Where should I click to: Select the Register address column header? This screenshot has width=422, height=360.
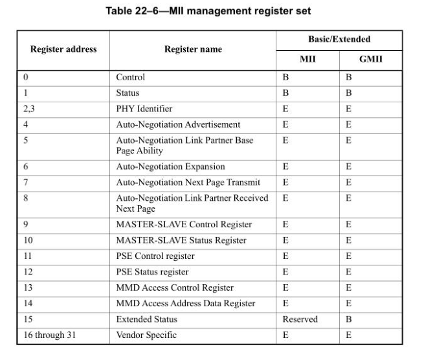coord(63,49)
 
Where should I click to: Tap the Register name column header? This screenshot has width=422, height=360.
coord(193,49)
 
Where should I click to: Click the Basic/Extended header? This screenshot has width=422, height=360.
coord(339,39)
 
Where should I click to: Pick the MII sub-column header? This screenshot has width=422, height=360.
coord(307,60)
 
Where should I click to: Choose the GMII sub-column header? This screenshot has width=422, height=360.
coord(370,60)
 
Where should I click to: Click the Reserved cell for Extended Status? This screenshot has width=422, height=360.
coord(300,319)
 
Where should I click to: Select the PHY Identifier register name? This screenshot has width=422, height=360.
coord(144,109)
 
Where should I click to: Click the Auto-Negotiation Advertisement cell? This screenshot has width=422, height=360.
coord(178,124)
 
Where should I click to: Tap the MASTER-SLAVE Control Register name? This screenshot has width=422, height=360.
coord(184,225)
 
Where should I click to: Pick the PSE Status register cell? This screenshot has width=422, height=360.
coord(152,272)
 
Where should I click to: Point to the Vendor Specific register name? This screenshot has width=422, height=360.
coord(146,335)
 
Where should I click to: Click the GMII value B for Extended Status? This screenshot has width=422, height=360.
coord(349,319)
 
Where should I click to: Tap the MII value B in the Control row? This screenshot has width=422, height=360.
coord(285,77)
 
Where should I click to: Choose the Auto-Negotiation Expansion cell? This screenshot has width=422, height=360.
coord(170,166)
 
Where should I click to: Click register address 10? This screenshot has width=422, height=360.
coord(28,240)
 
